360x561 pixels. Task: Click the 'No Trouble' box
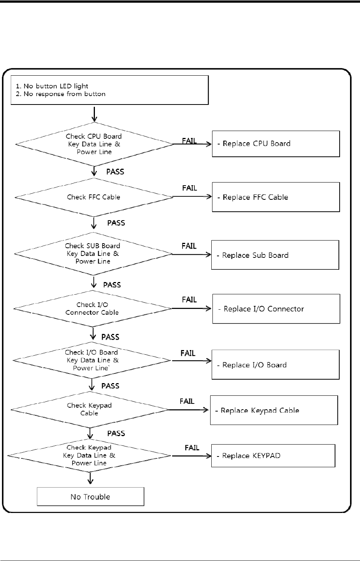coord(90,496)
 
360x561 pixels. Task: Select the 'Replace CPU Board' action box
coord(276,144)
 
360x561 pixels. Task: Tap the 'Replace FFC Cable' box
coord(276,197)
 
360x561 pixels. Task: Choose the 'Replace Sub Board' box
coord(275,255)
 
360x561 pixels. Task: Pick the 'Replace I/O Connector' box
coord(276,309)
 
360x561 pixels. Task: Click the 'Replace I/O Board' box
coord(275,365)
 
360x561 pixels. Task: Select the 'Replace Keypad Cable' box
coord(274,410)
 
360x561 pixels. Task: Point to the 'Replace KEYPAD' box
coord(273,456)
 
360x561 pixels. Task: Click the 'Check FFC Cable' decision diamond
coord(94,198)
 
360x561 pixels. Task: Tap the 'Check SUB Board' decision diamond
coord(93,254)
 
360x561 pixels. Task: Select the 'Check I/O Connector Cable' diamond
coord(92,309)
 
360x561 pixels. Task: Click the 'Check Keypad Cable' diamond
coord(90,410)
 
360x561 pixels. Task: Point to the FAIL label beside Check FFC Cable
coord(189,188)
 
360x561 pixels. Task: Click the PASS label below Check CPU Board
coord(115,171)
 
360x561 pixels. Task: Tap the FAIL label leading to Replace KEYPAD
coord(192,448)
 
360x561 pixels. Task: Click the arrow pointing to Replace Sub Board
coord(191,254)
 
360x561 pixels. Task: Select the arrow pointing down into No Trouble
coord(90,478)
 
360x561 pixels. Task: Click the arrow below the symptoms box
coord(95,114)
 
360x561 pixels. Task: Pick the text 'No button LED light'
coord(56,86)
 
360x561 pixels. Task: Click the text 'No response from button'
coord(65,94)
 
